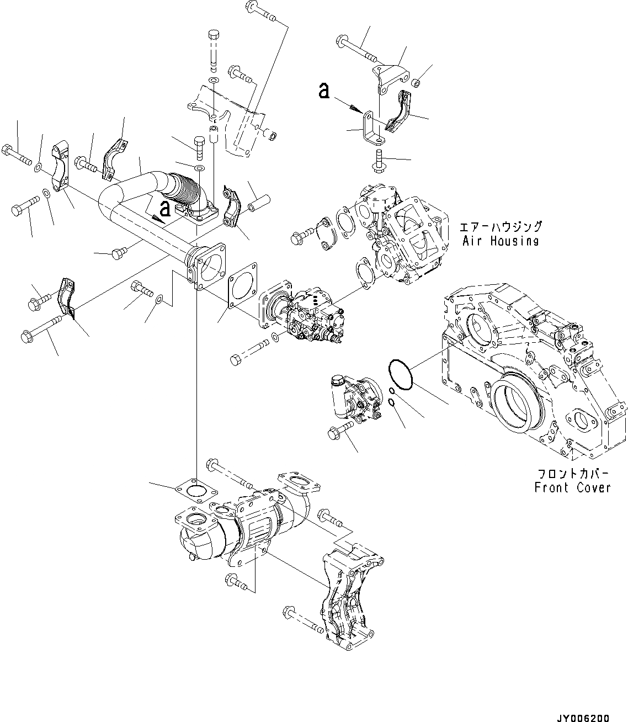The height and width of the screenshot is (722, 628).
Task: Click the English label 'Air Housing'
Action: point(500,241)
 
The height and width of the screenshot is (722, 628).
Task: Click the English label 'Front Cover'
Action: point(572,487)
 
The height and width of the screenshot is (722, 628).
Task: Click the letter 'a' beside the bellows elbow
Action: point(164,209)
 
